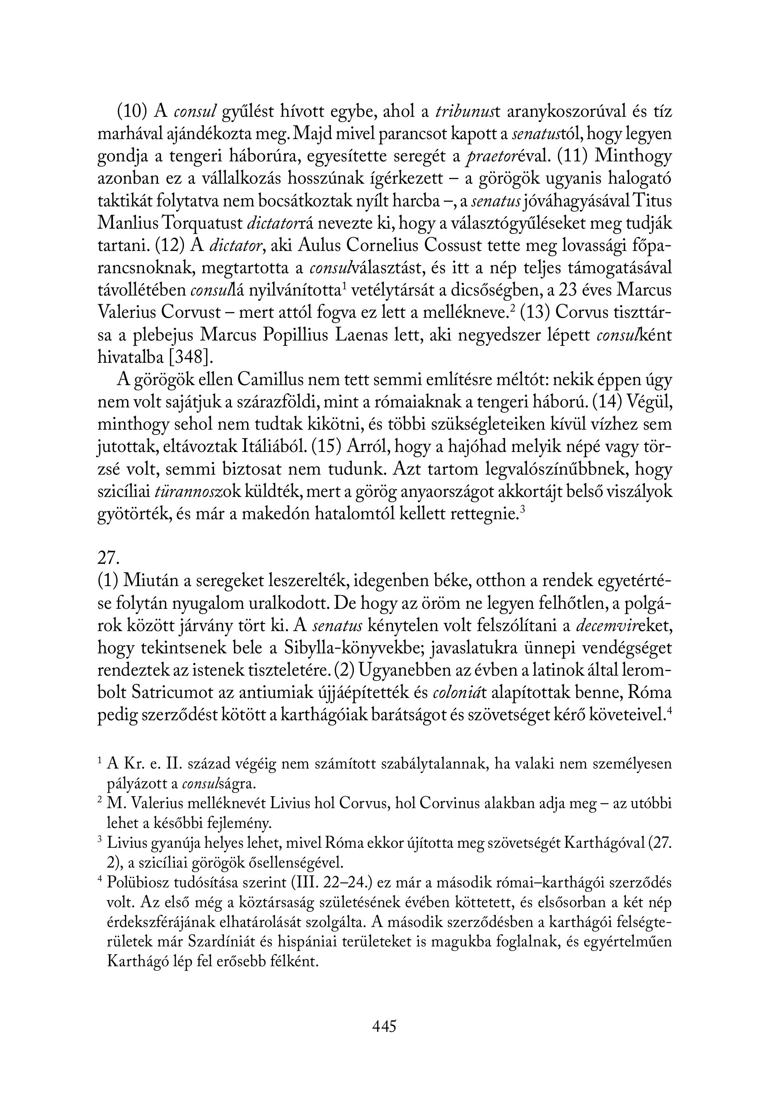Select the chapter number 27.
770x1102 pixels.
(108, 558)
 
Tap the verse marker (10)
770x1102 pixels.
(132, 112)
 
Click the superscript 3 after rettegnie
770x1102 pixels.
(523, 509)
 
